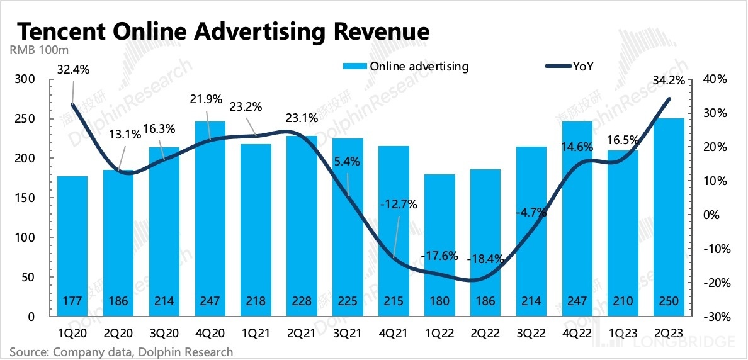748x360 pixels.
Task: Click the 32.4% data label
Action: pos(73,70)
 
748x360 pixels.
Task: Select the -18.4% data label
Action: pos(485,258)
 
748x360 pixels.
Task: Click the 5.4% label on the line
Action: pos(347,161)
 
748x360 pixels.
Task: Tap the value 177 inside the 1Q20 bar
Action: pos(73,301)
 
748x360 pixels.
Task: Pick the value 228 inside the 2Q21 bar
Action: pos(302,301)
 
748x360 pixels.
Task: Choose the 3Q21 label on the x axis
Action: pos(348,331)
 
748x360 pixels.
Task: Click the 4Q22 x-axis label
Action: pos(577,331)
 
